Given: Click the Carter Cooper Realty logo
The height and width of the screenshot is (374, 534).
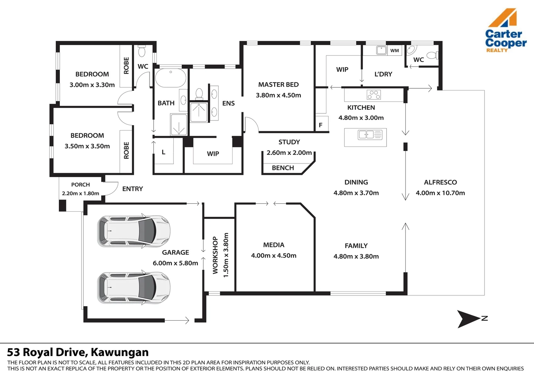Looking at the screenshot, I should (505, 31).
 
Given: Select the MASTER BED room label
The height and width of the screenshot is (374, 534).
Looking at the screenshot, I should (278, 84).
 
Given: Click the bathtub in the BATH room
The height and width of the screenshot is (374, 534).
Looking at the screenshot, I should (171, 78).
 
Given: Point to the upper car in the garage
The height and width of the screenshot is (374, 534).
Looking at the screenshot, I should (134, 231).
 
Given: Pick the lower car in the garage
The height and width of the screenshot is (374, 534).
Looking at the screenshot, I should (134, 287).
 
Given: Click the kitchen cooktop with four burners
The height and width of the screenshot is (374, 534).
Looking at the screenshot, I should (374, 95).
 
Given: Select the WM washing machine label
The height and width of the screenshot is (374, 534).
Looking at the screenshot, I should (395, 51).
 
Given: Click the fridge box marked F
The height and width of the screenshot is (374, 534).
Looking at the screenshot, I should (321, 125).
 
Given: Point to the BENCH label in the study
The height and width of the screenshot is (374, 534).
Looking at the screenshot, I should (283, 168).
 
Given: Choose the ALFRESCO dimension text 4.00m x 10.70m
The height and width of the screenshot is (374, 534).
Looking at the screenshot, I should (440, 193).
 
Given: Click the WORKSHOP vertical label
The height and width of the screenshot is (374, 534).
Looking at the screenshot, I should (215, 255).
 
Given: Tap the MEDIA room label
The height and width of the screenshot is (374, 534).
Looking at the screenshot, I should (274, 245).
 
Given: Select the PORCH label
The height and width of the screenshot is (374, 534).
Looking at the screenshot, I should (80, 185).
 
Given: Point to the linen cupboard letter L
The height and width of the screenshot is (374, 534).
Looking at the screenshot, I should (163, 152).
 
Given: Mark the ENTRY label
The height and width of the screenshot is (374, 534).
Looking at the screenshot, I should (133, 189).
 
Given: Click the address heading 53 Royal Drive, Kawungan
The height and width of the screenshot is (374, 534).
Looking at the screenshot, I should (78, 352).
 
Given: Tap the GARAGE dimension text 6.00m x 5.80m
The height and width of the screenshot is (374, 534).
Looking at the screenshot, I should (175, 263).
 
